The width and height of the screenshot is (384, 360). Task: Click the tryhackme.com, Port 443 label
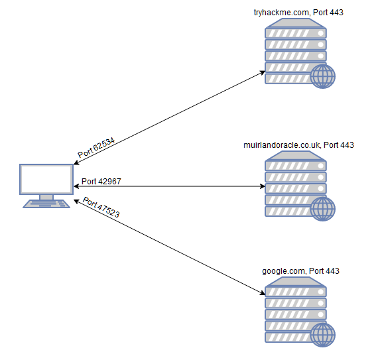[298, 12]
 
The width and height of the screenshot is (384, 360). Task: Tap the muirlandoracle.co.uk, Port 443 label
[299, 145]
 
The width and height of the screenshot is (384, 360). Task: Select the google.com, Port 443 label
[300, 271]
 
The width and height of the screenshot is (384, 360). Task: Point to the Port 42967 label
[101, 181]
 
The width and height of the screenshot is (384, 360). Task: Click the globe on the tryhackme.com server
[323, 76]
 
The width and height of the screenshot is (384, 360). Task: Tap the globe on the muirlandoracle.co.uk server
[323, 208]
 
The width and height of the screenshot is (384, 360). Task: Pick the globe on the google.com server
[323, 334]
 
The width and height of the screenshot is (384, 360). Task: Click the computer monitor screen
[46, 179]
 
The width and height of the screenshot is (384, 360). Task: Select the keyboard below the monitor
[46, 204]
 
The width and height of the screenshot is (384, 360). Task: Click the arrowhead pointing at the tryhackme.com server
[263, 72]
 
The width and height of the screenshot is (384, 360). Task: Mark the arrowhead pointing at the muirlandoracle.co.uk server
[262, 186]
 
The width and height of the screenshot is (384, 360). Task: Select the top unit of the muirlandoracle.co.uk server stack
[296, 164]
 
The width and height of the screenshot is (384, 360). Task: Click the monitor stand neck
[46, 197]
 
